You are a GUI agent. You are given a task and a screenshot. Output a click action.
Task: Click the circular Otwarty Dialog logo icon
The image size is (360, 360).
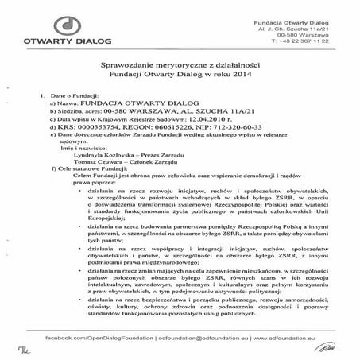50,23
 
